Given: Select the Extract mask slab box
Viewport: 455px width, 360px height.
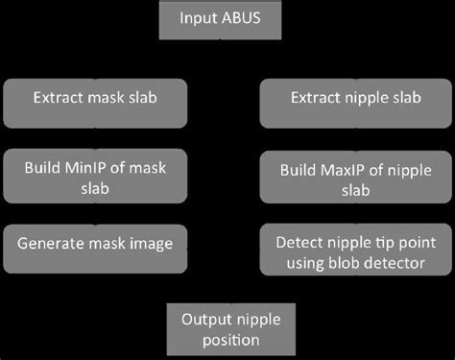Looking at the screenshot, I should tap(97, 98).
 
